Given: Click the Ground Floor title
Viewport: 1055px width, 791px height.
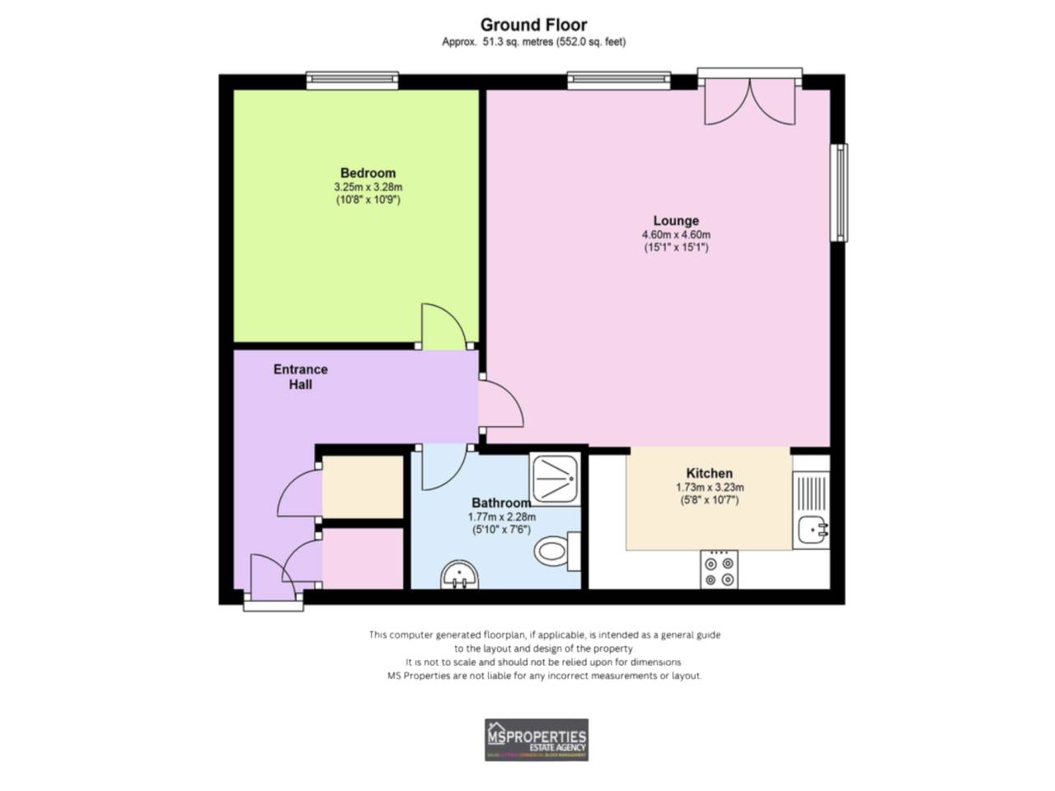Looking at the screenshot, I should point(533,25).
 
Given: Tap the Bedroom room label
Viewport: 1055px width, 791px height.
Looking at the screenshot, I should point(368,173).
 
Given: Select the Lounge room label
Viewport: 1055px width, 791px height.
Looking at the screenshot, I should point(676,221).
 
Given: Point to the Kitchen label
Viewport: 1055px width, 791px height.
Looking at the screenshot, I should point(709,473).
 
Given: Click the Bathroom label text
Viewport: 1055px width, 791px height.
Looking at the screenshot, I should point(500,503).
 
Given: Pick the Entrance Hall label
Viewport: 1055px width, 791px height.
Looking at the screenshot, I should point(301,377).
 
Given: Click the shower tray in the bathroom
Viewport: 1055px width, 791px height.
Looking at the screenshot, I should point(556,479).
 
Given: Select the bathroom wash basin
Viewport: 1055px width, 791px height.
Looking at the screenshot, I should point(460,574).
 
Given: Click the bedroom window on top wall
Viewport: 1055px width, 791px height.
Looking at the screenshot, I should point(352,81).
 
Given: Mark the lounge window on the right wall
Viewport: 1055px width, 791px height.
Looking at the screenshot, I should point(838,193).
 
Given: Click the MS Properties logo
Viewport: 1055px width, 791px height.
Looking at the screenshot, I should point(537,739).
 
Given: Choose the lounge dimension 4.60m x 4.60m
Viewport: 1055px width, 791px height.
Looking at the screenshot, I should point(676,235).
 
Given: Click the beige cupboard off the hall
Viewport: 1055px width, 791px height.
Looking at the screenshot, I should point(362,486).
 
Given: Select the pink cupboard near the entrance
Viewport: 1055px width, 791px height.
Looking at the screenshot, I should point(362,558).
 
